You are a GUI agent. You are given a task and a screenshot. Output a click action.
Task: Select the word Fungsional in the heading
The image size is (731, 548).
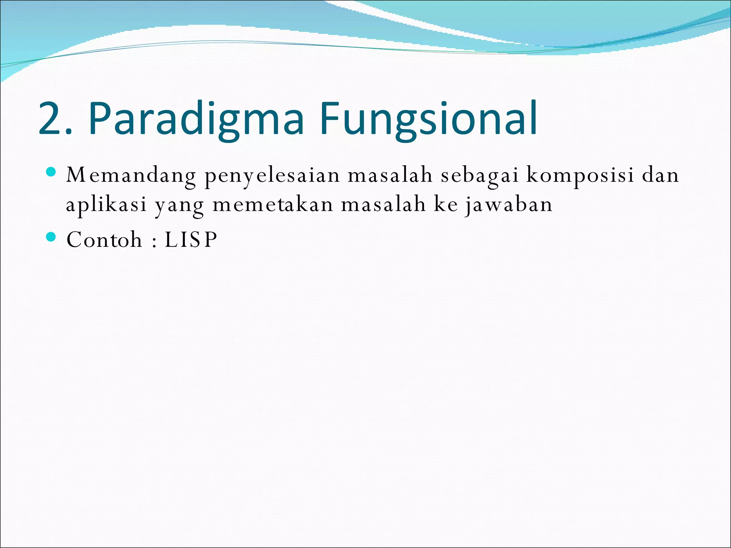428,119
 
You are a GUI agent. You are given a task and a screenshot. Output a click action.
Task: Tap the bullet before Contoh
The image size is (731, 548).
51,237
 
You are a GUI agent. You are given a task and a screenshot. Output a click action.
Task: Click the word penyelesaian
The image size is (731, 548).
272,176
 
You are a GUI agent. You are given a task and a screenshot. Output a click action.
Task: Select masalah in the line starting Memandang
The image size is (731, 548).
390,175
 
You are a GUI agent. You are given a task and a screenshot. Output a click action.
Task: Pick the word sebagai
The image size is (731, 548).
479,176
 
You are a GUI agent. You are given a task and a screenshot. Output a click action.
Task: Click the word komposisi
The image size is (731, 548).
580,176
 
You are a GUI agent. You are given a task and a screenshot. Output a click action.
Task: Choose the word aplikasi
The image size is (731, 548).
106,205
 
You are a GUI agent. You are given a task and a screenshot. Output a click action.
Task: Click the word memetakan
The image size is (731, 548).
273,204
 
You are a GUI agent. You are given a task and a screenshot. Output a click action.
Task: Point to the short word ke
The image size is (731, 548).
446,204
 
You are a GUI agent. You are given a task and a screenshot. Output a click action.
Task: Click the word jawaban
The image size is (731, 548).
509,205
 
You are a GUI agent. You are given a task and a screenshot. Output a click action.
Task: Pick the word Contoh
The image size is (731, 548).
104,239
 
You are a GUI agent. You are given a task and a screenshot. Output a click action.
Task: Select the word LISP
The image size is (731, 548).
191,239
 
